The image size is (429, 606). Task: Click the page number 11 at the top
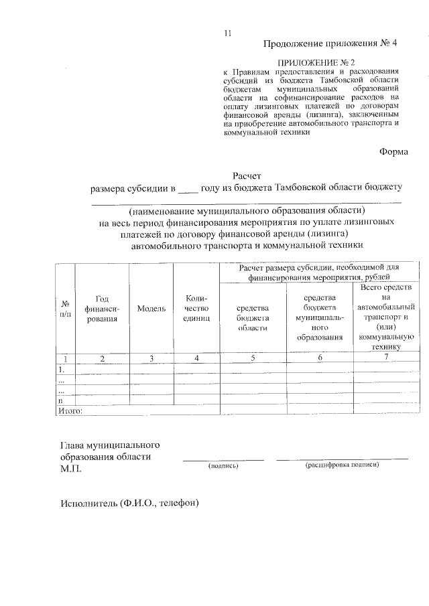tap(228, 33)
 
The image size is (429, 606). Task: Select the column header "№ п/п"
tap(64, 309)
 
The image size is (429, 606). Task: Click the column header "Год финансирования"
tap(102, 309)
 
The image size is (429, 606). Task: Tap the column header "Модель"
tap(151, 309)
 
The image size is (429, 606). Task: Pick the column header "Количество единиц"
tap(196, 309)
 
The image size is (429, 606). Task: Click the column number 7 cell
tap(385, 358)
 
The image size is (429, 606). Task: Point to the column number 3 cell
tap(152, 358)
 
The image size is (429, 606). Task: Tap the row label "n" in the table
tap(61, 400)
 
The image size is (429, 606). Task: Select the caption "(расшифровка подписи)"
tap(341, 464)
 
